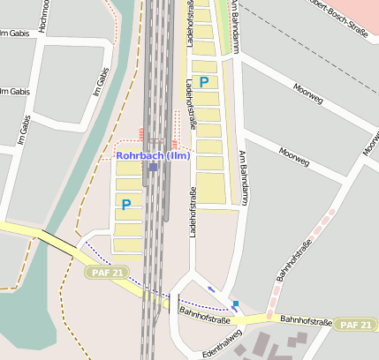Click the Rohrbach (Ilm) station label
pyautogui.click(x=153, y=156)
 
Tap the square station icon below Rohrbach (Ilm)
pyautogui.click(x=153, y=167)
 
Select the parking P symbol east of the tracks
pyautogui.click(x=204, y=82)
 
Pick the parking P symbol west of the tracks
pyautogui.click(x=126, y=204)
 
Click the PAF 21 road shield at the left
pyautogui.click(x=108, y=273)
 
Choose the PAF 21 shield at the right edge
pyautogui.click(x=358, y=325)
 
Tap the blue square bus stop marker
pyautogui.click(x=235, y=303)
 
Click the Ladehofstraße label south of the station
pyautogui.click(x=192, y=213)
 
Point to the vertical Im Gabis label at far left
pyautogui.click(x=25, y=130)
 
